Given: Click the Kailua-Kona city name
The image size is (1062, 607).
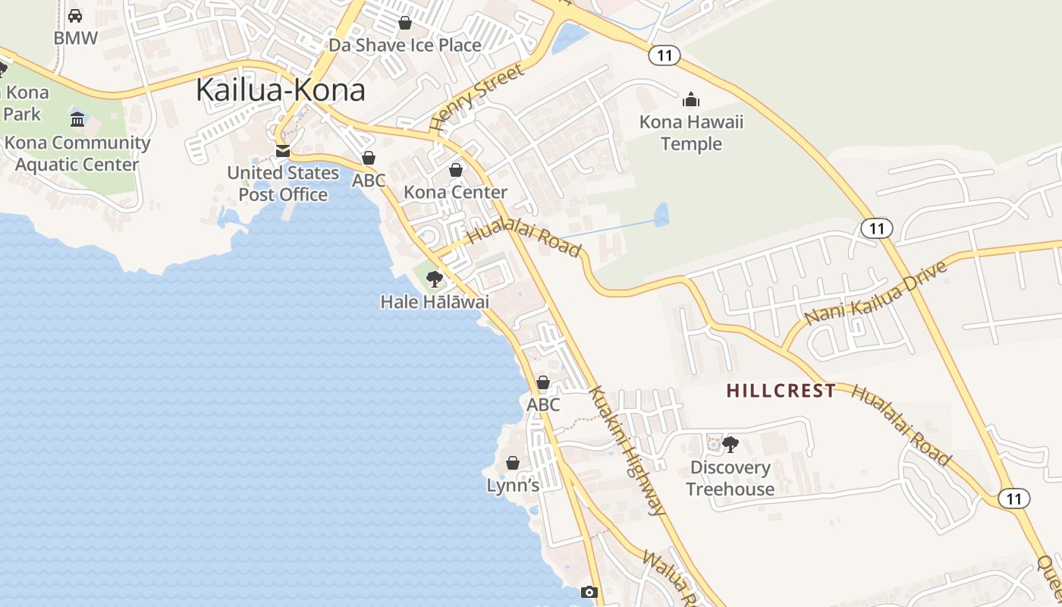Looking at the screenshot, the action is (x=281, y=90).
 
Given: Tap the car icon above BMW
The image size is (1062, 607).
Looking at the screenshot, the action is (x=75, y=15).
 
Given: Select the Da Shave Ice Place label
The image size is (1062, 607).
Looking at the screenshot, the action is (x=404, y=45).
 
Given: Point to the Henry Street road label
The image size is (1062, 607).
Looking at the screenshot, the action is (x=476, y=97).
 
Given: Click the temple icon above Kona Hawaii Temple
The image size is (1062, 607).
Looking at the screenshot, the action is (x=691, y=99).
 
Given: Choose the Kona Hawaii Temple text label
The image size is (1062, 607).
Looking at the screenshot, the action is (x=691, y=133).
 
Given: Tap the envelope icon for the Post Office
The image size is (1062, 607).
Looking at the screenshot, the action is (x=283, y=151).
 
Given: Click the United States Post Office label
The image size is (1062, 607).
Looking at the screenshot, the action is (x=283, y=184).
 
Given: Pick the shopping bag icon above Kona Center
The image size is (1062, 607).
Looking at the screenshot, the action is (x=456, y=170).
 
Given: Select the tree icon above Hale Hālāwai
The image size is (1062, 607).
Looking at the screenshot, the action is (x=434, y=279).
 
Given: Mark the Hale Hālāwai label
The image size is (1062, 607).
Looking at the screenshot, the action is (x=435, y=302).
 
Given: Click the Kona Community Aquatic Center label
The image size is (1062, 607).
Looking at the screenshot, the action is (x=77, y=153).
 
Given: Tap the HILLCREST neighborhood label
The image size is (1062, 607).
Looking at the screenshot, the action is (x=781, y=391).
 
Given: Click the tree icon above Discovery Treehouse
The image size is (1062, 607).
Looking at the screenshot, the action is (x=731, y=445).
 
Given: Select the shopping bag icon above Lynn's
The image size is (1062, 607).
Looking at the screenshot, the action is (x=513, y=463).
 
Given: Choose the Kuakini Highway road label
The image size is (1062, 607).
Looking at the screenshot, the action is (x=627, y=451).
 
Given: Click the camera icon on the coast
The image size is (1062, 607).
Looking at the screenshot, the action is (x=589, y=592).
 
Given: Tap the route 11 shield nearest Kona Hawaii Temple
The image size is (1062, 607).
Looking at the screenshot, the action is (x=664, y=55).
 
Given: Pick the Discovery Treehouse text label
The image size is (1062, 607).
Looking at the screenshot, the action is (x=731, y=478).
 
